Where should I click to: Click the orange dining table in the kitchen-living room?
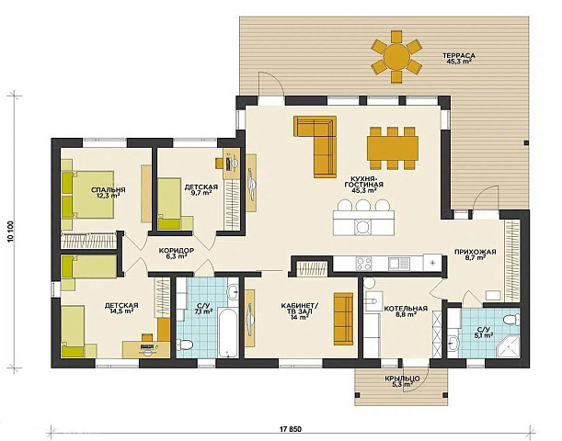(x=393, y=148)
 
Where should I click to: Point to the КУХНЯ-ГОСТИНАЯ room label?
(x=363, y=182)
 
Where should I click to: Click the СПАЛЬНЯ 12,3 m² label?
(x=108, y=193)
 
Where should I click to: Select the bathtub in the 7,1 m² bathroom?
(x=228, y=334)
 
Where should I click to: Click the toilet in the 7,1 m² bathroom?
(x=185, y=344)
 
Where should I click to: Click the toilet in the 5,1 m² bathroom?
(x=511, y=320)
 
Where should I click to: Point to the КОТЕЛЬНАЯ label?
(x=406, y=309)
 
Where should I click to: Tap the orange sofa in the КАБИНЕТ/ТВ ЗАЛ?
(x=343, y=319)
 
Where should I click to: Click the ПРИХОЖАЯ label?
(x=476, y=252)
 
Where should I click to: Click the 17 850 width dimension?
(x=290, y=429)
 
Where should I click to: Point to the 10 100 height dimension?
(x=10, y=232)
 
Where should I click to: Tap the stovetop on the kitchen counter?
(x=364, y=265)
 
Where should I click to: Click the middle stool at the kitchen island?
(x=363, y=206)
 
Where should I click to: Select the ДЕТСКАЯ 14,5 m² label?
(x=121, y=308)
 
